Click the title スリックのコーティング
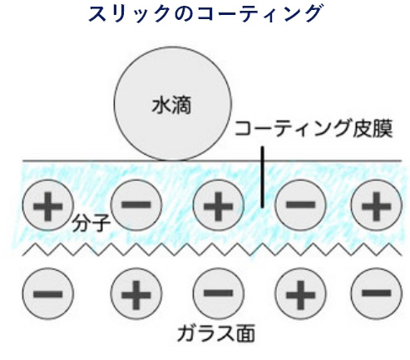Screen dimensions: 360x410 click(x=204, y=15)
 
